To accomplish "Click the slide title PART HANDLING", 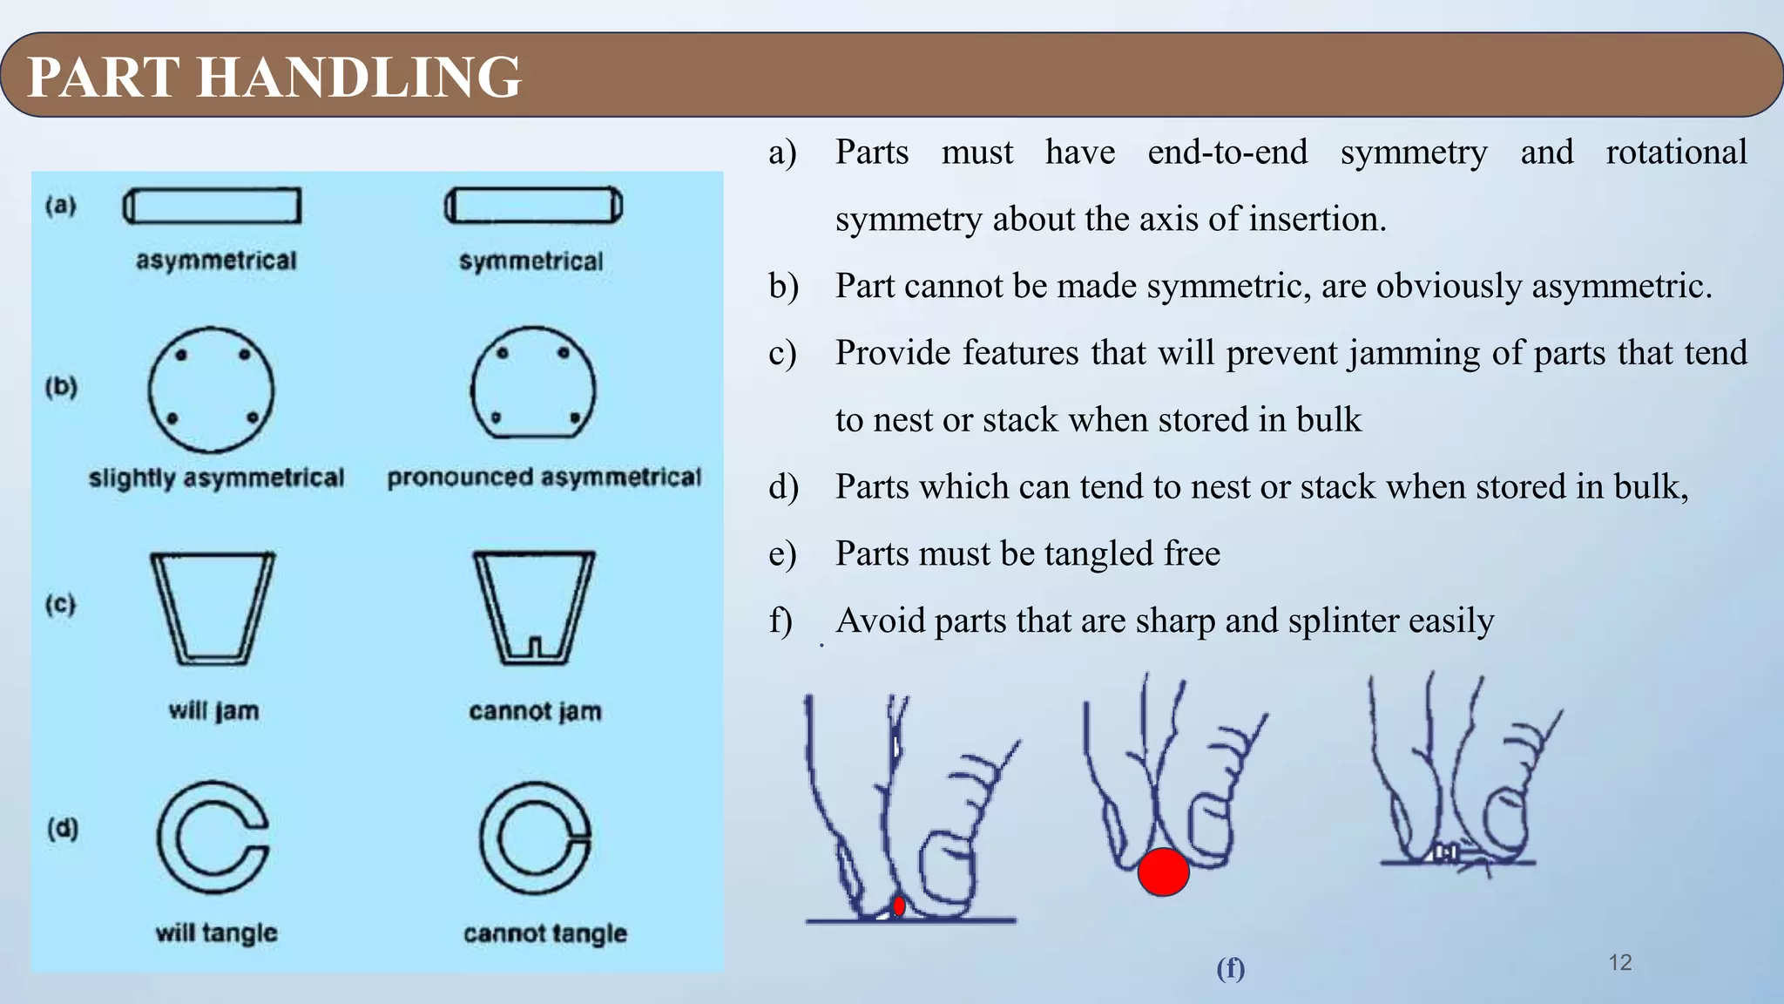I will pyautogui.click(x=274, y=77).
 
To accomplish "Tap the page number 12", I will pyautogui.click(x=1619, y=962).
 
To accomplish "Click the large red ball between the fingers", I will pyautogui.click(x=1163, y=872).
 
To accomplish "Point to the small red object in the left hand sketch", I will pyautogui.click(x=899, y=906).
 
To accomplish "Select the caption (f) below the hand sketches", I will pyautogui.click(x=1230, y=968).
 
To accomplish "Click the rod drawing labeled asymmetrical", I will pyautogui.click(x=212, y=207).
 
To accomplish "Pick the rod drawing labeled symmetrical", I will pyautogui.click(x=534, y=207).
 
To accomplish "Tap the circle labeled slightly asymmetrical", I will pyautogui.click(x=211, y=389).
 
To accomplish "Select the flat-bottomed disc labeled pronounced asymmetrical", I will pyautogui.click(x=533, y=383).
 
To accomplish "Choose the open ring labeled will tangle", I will pyautogui.click(x=212, y=838).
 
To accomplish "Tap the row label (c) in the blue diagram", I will pyautogui.click(x=61, y=604).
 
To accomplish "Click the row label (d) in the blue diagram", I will pyautogui.click(x=63, y=828).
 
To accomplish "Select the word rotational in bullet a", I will pyautogui.click(x=1676, y=153).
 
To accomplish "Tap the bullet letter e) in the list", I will pyautogui.click(x=782, y=554).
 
